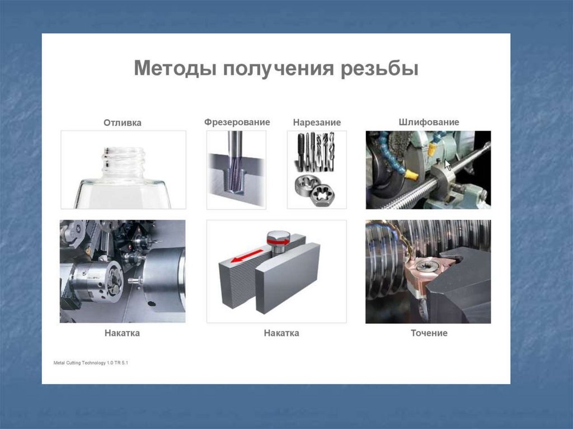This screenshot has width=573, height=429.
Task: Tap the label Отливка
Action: pyautogui.click(x=123, y=122)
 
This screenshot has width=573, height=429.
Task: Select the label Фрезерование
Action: pyautogui.click(x=237, y=122)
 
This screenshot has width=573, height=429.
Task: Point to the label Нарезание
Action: pyautogui.click(x=317, y=122)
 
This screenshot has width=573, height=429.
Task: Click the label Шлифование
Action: pyautogui.click(x=429, y=122)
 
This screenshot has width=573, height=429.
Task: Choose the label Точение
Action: pyautogui.click(x=429, y=333)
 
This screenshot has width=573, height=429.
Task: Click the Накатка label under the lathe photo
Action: pyautogui.click(x=122, y=333)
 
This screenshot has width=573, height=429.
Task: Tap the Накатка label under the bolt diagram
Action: pyautogui.click(x=281, y=333)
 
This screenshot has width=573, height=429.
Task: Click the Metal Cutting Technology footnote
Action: pyautogui.click(x=91, y=363)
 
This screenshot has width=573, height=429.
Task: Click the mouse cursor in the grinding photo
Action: pyautogui.click(x=448, y=165)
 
